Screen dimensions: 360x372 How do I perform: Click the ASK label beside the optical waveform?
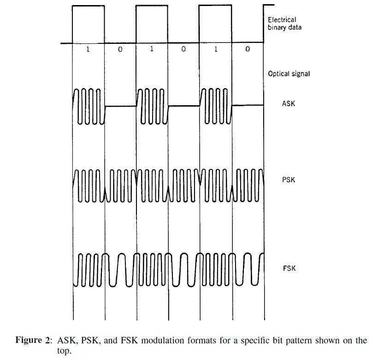click(x=288, y=104)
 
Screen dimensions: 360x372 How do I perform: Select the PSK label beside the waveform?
click(x=288, y=180)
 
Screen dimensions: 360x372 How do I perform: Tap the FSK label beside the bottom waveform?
click(x=289, y=268)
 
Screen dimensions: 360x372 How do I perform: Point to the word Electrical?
click(x=282, y=20)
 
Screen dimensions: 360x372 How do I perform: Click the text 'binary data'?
click(x=285, y=27)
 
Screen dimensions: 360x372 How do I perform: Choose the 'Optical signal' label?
click(x=289, y=74)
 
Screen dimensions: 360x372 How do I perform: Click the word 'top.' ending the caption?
click(x=65, y=351)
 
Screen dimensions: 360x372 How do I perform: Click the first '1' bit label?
click(x=89, y=49)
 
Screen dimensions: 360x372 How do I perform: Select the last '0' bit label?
click(x=248, y=49)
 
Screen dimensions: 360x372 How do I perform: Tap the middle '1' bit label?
click(x=152, y=49)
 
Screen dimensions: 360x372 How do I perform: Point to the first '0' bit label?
click(x=120, y=49)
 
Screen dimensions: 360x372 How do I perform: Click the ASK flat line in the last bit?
click(x=248, y=105)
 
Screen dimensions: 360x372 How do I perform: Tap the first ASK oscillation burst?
click(x=89, y=106)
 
